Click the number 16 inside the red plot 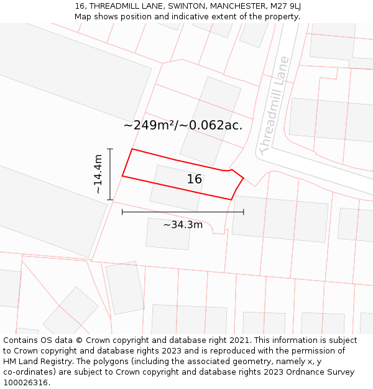pyautogui.click(x=195, y=179)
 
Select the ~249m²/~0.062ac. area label pyautogui.click(x=183, y=125)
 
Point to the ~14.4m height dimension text pyautogui.click(x=98, y=174)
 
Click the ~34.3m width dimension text pyautogui.click(x=183, y=224)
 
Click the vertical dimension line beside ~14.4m pyautogui.click(x=110, y=174)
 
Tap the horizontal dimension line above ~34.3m pyautogui.click(x=183, y=212)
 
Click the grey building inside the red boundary pyautogui.click(x=176, y=187)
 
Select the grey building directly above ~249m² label pyautogui.click(x=211, y=100)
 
